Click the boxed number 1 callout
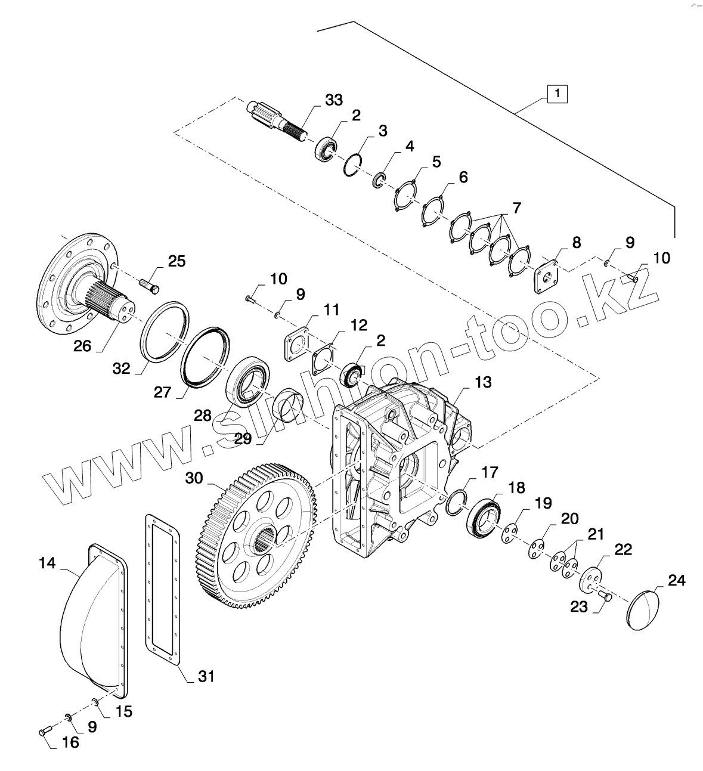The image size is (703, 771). point(558,94)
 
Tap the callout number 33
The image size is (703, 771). point(334,100)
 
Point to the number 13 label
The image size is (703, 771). point(483,382)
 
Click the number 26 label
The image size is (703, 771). point(82,346)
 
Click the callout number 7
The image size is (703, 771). point(517,208)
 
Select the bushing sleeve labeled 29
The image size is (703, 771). point(289,410)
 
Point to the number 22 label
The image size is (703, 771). point(623,550)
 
